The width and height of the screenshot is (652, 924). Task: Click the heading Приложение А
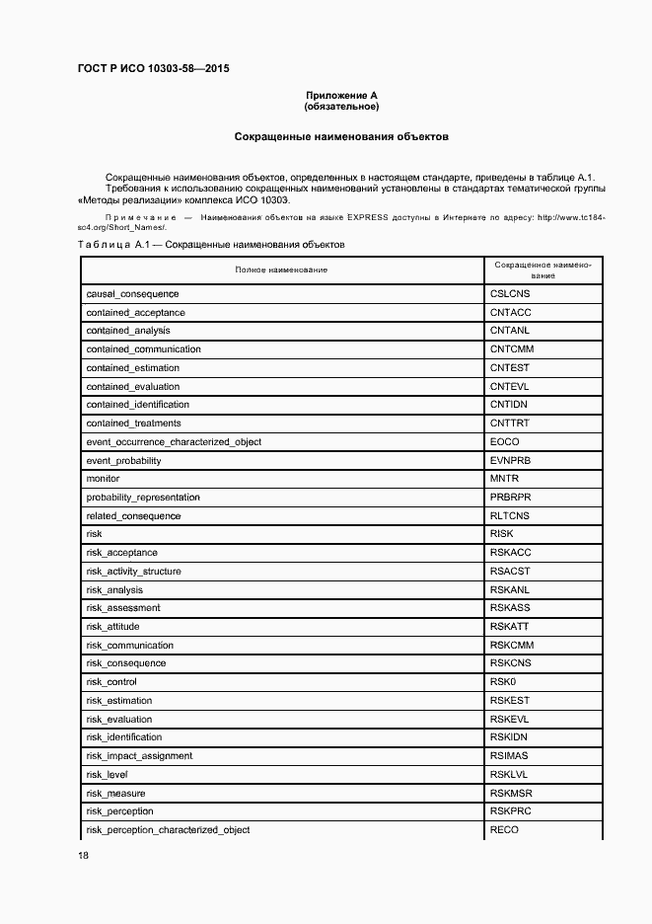click(342, 96)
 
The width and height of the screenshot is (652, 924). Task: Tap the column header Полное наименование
click(281, 269)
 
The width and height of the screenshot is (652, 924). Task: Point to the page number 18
click(83, 856)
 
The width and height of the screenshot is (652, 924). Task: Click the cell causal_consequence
click(132, 294)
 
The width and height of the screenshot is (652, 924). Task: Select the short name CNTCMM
click(510, 349)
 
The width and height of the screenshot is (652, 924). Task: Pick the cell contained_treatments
click(133, 423)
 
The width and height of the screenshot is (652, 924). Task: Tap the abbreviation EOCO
click(503, 442)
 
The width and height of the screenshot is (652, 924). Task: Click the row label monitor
click(103, 479)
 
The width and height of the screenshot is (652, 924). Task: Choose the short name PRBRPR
click(510, 498)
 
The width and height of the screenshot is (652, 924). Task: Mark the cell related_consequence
click(133, 516)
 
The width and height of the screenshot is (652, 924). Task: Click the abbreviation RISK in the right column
click(501, 534)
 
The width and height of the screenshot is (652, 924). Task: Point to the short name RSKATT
click(510, 627)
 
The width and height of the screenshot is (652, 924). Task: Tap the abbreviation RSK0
click(503, 682)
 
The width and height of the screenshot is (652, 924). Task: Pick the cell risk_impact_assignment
click(139, 756)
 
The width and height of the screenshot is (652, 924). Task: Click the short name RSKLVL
click(509, 775)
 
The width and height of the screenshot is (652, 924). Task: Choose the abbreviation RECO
click(503, 830)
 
